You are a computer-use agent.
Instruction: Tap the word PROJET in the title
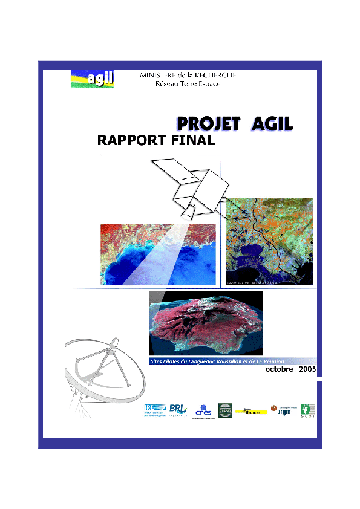coord(206,124)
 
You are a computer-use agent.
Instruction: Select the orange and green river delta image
coord(269,241)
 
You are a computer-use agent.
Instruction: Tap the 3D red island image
coord(206,323)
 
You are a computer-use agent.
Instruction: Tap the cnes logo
coord(203,411)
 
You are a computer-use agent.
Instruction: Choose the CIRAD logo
coord(225,409)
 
